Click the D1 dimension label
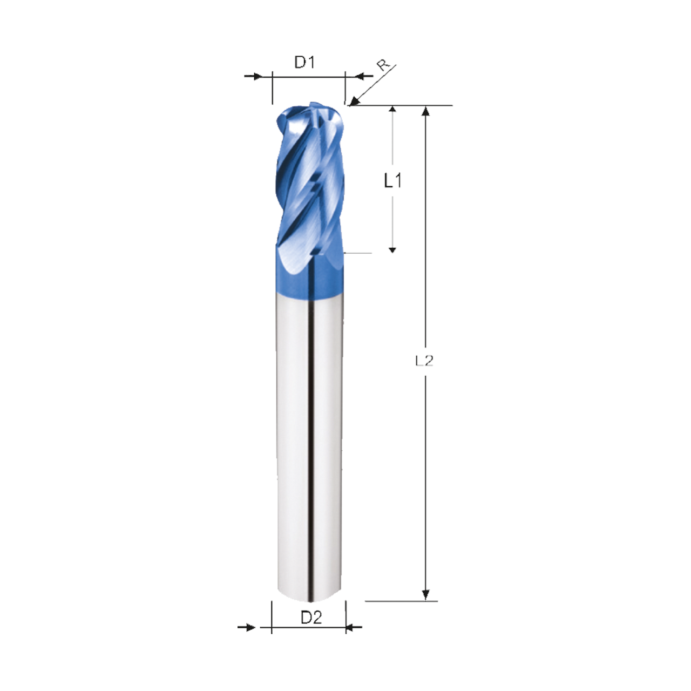(x=304, y=63)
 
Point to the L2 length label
(x=424, y=361)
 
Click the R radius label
(x=383, y=65)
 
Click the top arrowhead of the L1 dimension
(x=393, y=110)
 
